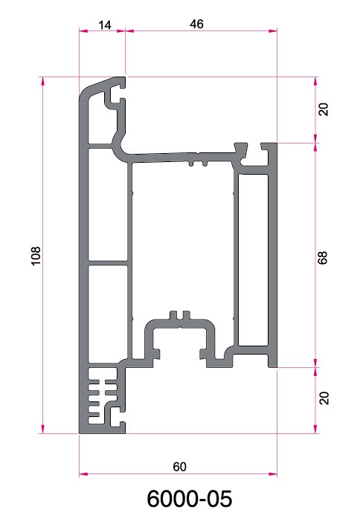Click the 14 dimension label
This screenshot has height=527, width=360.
[x=105, y=25]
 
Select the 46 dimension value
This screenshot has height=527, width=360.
[x=196, y=24]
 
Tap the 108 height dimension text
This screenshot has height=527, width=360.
[x=36, y=256]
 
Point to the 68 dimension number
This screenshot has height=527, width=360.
[x=322, y=257]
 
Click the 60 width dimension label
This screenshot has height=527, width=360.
[x=179, y=467]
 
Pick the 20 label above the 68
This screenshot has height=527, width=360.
[x=324, y=109]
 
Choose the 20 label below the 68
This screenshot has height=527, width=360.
[x=324, y=398]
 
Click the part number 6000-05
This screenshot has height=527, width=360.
[x=190, y=499]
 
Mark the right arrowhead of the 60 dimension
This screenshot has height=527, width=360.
[x=273, y=474]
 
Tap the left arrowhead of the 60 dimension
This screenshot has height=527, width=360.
[x=83, y=474]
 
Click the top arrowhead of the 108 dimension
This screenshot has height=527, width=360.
[x=42, y=81]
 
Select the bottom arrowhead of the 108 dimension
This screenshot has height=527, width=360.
[x=42, y=429]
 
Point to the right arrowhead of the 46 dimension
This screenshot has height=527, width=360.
[x=273, y=31]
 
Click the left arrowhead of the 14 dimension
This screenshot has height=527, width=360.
[x=83, y=31]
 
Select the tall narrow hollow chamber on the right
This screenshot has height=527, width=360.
[x=253, y=259]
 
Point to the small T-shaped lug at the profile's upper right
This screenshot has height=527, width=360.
[x=241, y=148]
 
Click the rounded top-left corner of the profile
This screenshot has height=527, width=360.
[x=85, y=92]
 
